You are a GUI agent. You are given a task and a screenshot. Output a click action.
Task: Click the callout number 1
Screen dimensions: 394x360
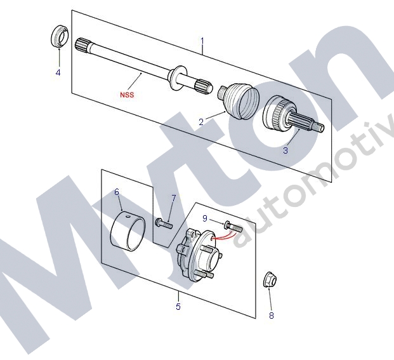pyautogui.click(x=202, y=41)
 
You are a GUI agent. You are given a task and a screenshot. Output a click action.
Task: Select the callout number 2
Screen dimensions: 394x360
pyautogui.click(x=201, y=122)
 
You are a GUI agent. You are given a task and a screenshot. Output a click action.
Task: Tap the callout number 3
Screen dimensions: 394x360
pyautogui.click(x=286, y=150)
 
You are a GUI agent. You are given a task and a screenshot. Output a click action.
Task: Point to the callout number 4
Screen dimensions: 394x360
pyautogui.click(x=58, y=72)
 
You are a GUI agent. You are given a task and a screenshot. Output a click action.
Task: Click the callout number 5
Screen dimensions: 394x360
pyautogui.click(x=178, y=307)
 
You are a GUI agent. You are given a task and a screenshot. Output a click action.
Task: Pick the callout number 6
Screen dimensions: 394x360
pyautogui.click(x=117, y=192)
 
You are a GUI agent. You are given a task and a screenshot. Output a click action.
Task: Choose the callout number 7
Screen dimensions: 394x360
pyautogui.click(x=174, y=198)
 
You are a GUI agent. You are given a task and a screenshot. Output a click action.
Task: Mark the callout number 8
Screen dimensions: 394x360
pyautogui.click(x=272, y=316)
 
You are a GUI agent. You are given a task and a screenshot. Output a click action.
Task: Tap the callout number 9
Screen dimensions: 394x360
pyautogui.click(x=205, y=218)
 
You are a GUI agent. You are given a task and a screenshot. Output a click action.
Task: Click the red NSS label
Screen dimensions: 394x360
pyautogui.click(x=127, y=95)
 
